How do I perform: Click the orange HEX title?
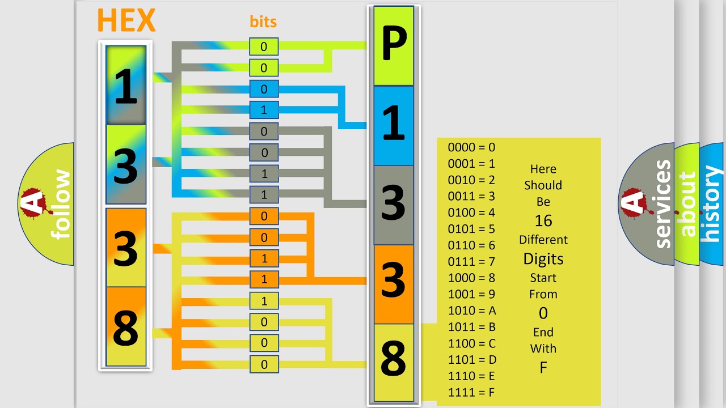coord(126,20)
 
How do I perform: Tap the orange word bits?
coord(263,22)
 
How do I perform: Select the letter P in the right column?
coord(394,43)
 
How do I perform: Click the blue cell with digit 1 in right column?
coord(394,126)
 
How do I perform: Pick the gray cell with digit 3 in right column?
coord(394,205)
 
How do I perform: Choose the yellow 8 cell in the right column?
coord(394,363)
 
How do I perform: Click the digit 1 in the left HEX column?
coord(126,86)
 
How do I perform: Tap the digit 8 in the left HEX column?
coord(125,327)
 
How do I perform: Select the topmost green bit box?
coord(264,46)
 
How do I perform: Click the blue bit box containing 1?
coord(264,110)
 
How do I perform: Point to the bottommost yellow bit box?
coord(264,364)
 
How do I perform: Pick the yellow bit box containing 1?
coord(264,301)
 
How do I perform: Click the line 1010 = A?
coord(472,311)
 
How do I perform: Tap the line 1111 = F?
coord(471,393)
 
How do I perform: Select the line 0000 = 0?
coord(471,147)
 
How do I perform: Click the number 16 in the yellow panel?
coord(543,221)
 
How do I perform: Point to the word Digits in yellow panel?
coord(543,259)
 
